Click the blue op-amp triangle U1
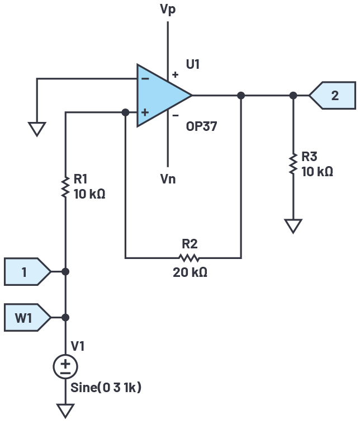coord(159,95)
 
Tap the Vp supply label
coord(168,10)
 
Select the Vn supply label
coord(168,179)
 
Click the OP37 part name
coord(201,126)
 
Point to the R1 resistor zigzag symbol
coord(65,187)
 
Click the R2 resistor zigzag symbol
coord(189,258)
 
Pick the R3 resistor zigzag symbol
coord(293,164)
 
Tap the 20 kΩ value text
coord(190,272)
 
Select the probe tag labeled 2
coord(332,96)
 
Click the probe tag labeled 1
coord(27,271)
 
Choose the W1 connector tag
coord(27,318)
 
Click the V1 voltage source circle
coord(65,367)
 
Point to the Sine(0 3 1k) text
coord(106,388)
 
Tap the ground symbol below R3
coord(293,226)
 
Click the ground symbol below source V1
coord(65,411)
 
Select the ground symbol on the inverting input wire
coord(37,129)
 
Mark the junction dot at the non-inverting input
coord(125,112)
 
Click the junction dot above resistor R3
coord(293,96)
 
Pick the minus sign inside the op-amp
coord(145,79)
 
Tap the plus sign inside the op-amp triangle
coord(145,112)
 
